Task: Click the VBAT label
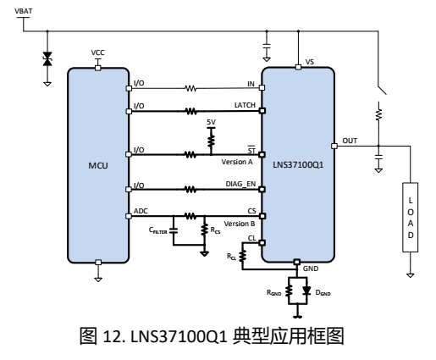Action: [24, 11]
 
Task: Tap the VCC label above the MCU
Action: [97, 53]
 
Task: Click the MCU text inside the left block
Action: [98, 165]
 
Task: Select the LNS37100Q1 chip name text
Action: [298, 164]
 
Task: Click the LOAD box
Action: [411, 217]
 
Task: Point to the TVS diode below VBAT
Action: [47, 58]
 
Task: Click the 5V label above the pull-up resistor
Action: [211, 122]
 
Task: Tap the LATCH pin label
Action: [245, 105]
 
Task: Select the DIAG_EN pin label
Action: [240, 184]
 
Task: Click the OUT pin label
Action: [350, 141]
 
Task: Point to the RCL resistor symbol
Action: [242, 256]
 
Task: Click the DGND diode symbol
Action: [306, 291]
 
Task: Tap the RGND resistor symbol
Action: [289, 291]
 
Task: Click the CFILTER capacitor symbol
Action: [174, 230]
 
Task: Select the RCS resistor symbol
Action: [204, 230]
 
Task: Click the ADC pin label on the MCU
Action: [141, 211]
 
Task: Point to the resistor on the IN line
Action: [190, 88]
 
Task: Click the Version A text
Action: [237, 162]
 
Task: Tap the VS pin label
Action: [310, 62]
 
